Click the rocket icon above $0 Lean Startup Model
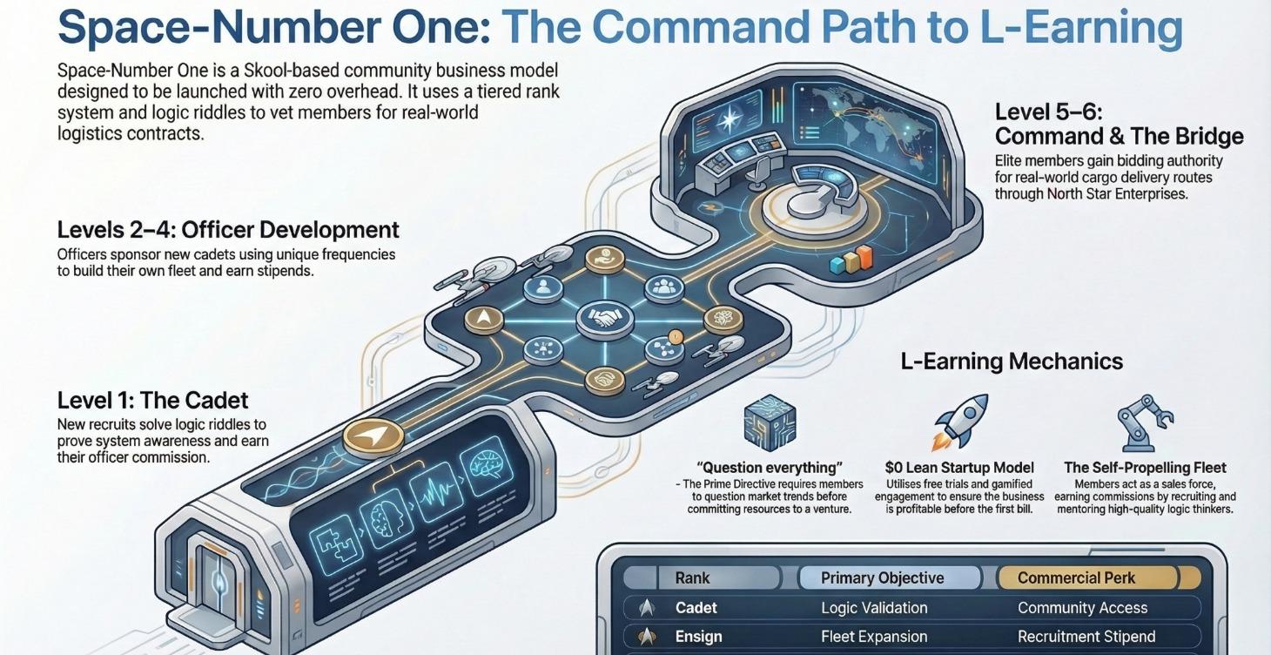point(960,422)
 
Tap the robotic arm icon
point(1144,422)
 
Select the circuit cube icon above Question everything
point(770,422)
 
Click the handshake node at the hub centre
point(605,319)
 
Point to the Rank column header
point(692,577)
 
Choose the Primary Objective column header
point(883,577)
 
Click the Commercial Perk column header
point(1076,577)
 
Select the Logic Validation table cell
point(874,608)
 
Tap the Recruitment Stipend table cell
point(1086,637)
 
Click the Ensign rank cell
point(698,637)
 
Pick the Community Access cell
point(1083,608)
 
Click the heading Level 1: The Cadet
point(152,401)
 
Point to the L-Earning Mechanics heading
point(1012,361)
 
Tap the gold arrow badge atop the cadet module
point(373,436)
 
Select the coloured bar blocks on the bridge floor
point(851,260)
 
